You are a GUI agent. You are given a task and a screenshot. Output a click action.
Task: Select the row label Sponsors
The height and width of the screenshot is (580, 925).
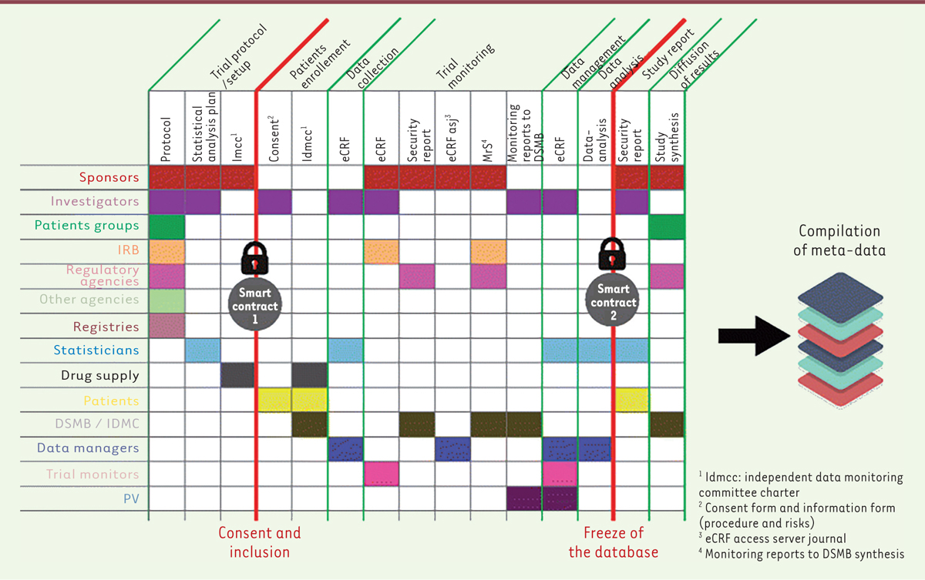[109, 177]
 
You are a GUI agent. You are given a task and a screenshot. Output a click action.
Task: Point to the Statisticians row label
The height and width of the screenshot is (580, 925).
[97, 350]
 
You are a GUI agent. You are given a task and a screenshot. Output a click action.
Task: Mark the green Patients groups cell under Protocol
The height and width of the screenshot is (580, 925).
[166, 226]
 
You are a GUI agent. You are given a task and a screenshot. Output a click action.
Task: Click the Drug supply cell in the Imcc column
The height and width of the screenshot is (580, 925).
[238, 375]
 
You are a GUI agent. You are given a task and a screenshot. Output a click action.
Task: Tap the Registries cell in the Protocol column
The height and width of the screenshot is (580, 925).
[166, 326]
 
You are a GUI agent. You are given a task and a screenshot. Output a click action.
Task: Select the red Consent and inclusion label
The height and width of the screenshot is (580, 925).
[260, 542]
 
